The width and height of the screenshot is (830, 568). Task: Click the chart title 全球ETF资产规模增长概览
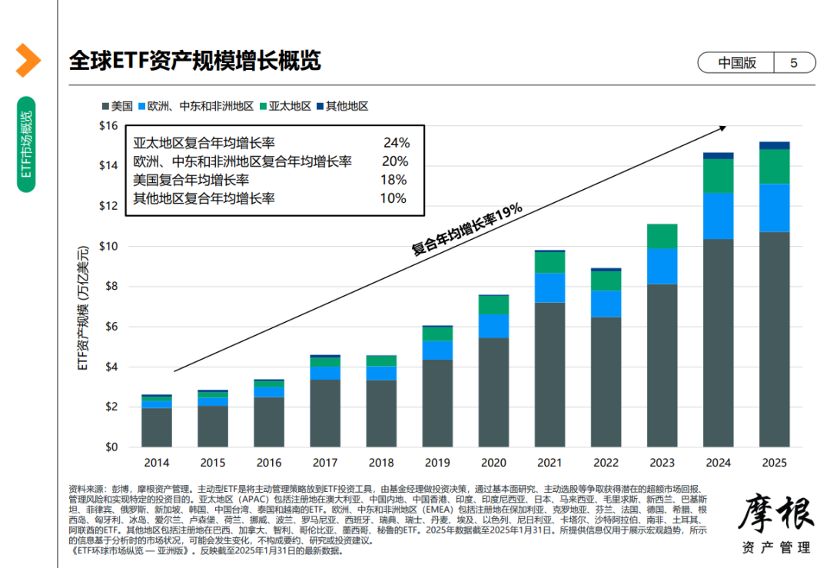194,61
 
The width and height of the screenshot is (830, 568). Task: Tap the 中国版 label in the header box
737,63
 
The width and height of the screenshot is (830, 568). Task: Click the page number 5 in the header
794,63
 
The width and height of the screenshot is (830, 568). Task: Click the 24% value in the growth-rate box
397,143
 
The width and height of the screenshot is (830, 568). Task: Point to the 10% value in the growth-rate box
393,198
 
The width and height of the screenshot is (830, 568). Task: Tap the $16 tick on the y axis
108,125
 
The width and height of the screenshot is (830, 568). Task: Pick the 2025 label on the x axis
774,463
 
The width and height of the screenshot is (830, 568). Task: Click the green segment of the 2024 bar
718,175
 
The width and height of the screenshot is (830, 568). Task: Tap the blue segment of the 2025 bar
774,208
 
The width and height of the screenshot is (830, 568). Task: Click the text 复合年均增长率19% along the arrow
466,229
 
